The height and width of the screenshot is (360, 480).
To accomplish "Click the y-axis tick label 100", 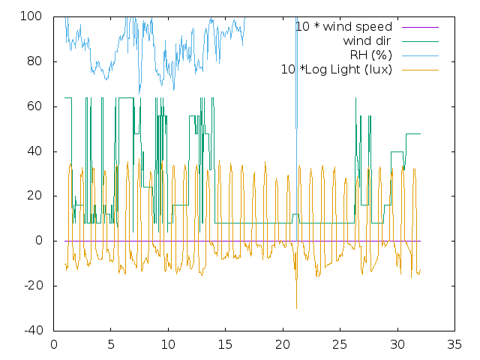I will point(36,16).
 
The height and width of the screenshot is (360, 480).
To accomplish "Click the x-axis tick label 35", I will point(454,346).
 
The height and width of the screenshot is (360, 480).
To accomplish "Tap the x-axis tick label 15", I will point(226,346).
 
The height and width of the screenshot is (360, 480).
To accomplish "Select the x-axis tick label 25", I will point(340,346).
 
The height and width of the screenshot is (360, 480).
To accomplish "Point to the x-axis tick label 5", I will point(111,346).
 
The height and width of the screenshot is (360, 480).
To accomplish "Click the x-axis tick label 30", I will point(397,346).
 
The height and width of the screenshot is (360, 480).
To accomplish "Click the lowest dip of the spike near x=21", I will point(296,308).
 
